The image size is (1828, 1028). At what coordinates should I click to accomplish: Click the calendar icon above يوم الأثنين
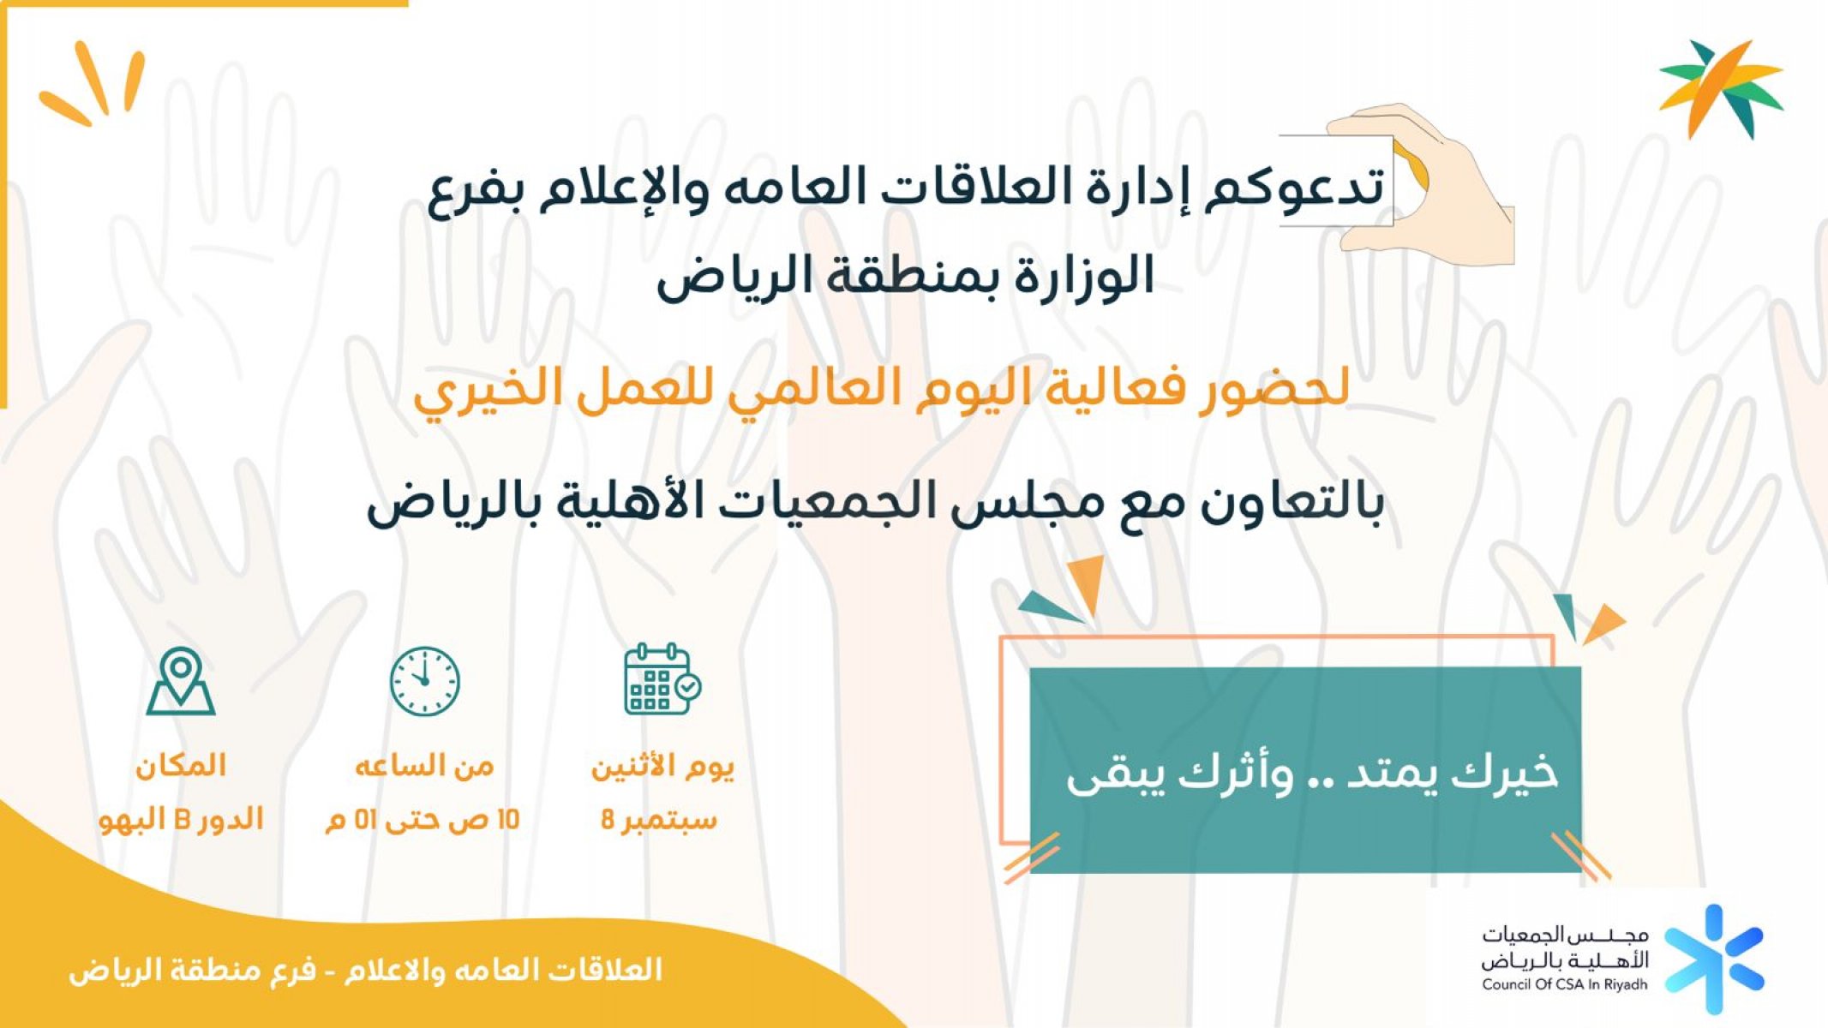pos(662,679)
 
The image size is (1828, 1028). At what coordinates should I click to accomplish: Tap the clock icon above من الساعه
pos(424,681)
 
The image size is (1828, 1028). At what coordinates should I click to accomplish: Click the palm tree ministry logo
pos(1721,88)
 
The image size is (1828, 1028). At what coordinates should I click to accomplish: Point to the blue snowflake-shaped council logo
pos(1715,959)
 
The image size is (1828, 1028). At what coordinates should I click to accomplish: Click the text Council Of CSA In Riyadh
pos(1565,985)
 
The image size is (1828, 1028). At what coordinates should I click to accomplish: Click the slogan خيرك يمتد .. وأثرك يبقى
pos(1311,774)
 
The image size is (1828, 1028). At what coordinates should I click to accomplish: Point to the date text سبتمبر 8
pos(658,820)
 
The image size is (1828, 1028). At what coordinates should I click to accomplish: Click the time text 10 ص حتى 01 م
pos(423,820)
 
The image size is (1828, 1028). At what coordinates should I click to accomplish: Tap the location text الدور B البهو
pos(181,820)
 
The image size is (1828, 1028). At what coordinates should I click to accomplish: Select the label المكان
pos(181,765)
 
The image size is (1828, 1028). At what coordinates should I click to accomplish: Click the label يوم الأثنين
pos(662,765)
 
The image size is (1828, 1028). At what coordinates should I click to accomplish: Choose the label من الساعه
pos(424,765)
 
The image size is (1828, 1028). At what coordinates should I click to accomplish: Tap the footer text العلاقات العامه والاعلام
pos(503,970)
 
